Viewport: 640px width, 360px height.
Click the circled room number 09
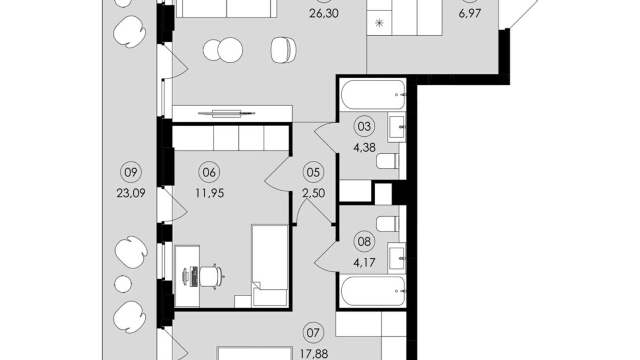click(x=131, y=172)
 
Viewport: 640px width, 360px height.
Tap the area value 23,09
click(x=131, y=193)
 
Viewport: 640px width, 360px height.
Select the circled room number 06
click(x=209, y=172)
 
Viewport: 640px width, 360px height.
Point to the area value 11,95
click(x=209, y=193)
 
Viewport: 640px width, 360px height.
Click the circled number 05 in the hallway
click(x=313, y=172)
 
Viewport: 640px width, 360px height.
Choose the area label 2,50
click(x=313, y=193)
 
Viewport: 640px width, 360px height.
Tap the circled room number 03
click(x=364, y=126)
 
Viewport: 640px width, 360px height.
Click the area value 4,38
click(x=364, y=148)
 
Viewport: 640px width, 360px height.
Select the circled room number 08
click(x=364, y=241)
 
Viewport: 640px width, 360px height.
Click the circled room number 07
click(x=313, y=333)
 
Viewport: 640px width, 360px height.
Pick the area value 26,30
click(x=324, y=13)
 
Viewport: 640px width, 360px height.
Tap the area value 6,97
click(x=469, y=13)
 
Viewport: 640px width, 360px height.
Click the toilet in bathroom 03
click(x=388, y=161)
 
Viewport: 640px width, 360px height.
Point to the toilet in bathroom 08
click(x=388, y=224)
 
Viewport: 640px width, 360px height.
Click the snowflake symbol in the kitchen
click(x=380, y=24)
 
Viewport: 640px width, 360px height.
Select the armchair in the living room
click(x=284, y=50)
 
